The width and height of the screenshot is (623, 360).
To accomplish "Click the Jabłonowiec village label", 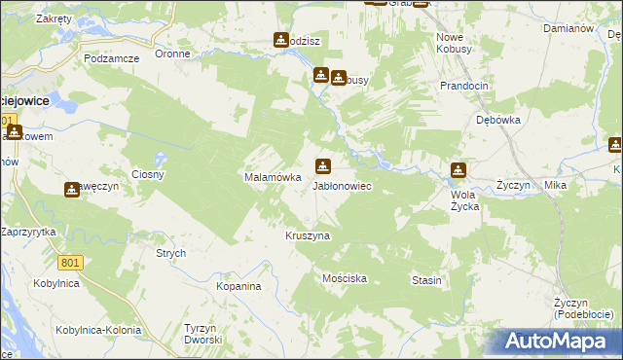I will [341, 185].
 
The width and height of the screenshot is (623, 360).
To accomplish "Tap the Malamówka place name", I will [264, 177].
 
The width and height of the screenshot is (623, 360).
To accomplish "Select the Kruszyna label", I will [308, 235].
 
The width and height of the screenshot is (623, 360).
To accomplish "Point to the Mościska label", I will [344, 278].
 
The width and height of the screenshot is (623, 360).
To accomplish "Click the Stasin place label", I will [426, 280].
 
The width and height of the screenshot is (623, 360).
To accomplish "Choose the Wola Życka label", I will [464, 199].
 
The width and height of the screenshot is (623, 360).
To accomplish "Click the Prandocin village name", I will [463, 86].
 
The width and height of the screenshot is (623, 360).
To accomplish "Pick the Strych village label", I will [170, 253].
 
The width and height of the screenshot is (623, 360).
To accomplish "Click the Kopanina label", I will [239, 287].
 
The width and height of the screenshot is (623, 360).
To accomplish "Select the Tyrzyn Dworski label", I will [204, 334].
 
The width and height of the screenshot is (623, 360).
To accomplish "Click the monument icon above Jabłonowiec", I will [322, 165].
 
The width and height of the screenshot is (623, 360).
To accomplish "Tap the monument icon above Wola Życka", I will [458, 171].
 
